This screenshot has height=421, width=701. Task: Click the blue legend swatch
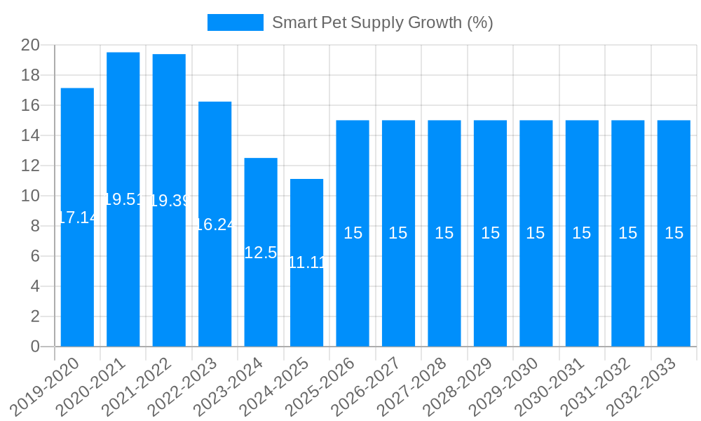(236, 22)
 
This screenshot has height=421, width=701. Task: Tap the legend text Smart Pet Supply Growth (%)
(383, 22)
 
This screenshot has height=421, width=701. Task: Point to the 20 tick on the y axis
(30, 46)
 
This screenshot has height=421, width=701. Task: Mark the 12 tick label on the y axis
(30, 166)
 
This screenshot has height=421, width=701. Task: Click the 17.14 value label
(77, 218)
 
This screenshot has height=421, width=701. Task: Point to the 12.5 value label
(261, 253)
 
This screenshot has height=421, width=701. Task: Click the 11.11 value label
(306, 263)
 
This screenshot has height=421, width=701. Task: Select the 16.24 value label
(215, 225)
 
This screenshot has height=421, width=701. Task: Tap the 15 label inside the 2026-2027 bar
(398, 233)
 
